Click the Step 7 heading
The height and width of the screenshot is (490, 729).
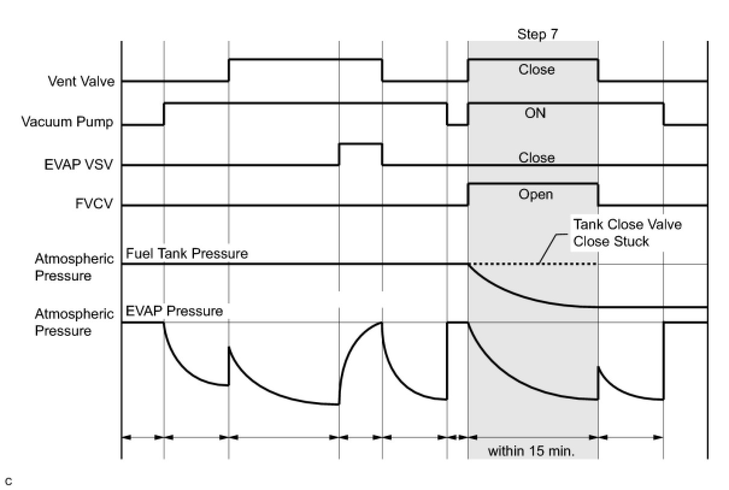click(537, 34)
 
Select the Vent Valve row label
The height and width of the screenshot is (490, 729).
click(81, 81)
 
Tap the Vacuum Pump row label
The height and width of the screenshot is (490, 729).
click(67, 122)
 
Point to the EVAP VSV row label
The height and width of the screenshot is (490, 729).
click(79, 164)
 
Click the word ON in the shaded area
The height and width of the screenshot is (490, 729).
click(535, 113)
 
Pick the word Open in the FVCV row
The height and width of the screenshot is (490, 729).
click(535, 195)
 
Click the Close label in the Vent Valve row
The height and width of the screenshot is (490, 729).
click(536, 70)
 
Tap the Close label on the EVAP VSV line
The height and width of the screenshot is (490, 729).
click(536, 158)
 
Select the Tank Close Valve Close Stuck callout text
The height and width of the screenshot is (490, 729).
click(627, 233)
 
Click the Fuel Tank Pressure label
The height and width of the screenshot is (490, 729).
click(187, 254)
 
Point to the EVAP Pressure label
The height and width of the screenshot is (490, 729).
click(174, 311)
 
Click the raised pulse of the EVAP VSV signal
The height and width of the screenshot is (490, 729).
click(360, 144)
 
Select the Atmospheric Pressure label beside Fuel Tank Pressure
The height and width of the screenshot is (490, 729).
click(74, 268)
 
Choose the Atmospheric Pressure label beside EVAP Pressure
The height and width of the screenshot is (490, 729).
click(74, 323)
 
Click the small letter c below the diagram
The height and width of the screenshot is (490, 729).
click(8, 482)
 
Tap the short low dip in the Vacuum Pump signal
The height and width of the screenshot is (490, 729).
click(457, 125)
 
